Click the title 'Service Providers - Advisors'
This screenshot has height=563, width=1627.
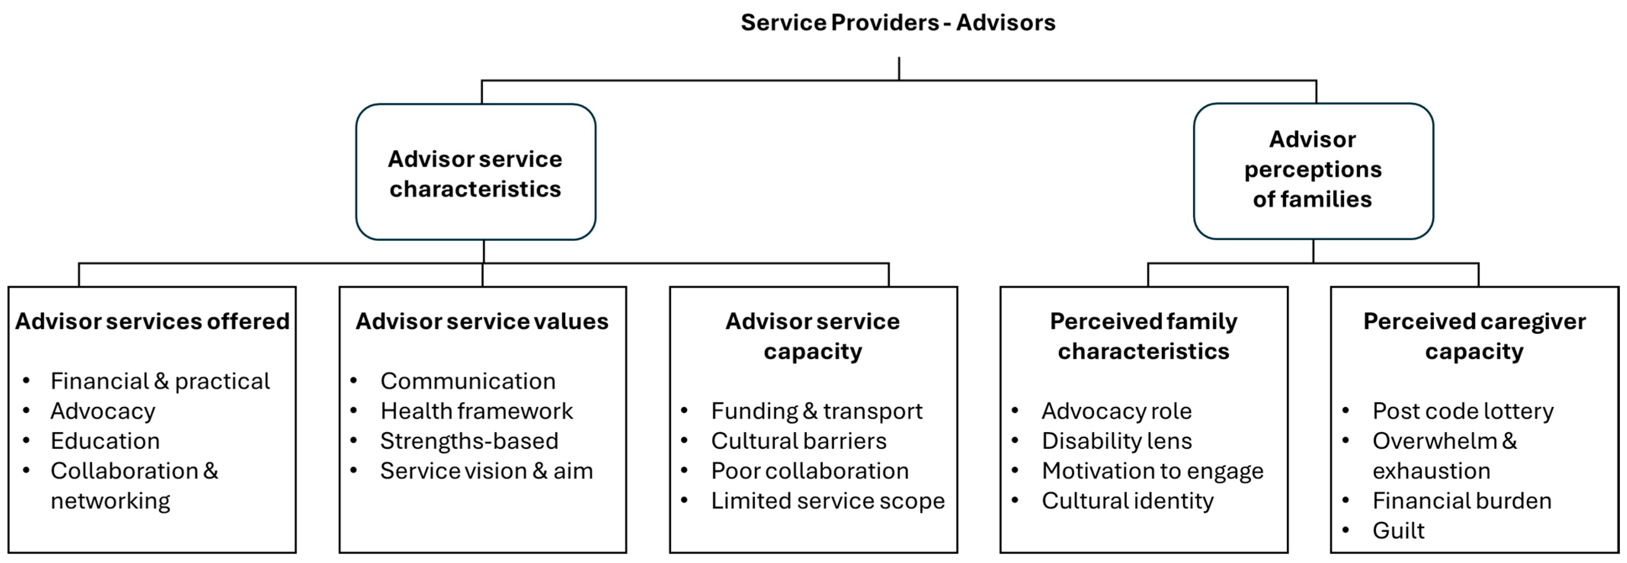(x=897, y=23)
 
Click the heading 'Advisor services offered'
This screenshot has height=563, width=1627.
(x=152, y=321)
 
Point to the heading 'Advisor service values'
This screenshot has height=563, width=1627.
(x=482, y=321)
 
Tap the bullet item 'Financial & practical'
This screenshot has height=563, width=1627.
(x=160, y=381)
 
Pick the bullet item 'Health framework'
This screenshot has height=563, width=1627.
(x=476, y=411)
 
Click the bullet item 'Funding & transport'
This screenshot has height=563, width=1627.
(x=816, y=411)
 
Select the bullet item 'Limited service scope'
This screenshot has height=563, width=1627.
(x=827, y=501)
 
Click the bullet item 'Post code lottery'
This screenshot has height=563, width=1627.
(x=1462, y=411)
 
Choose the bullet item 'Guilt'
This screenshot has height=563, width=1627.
(x=1398, y=531)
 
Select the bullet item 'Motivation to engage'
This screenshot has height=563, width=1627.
(x=1152, y=471)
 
